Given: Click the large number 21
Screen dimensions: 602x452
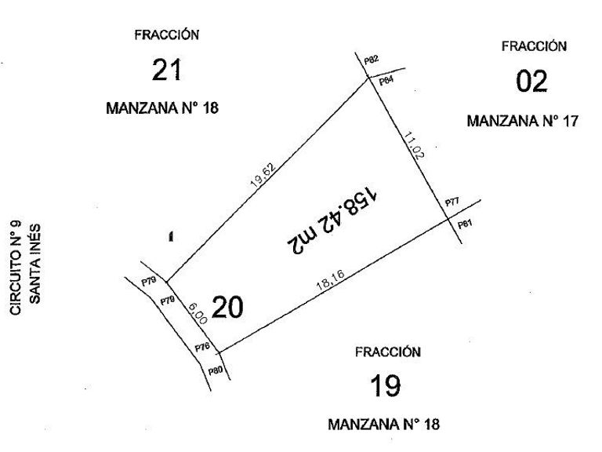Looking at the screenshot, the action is [x=166, y=71].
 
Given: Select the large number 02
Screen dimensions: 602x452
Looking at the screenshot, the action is [x=532, y=81].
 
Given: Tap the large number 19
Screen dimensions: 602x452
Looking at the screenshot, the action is [x=386, y=386].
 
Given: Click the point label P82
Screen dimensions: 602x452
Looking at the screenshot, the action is [x=372, y=60].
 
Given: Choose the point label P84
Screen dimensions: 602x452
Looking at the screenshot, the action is [x=386, y=81].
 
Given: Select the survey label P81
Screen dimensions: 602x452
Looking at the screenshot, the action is [x=466, y=225].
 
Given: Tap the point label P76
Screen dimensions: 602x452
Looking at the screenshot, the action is [x=201, y=347].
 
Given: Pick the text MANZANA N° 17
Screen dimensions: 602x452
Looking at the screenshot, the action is [x=522, y=122].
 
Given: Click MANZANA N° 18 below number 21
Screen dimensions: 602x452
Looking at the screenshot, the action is [x=162, y=108].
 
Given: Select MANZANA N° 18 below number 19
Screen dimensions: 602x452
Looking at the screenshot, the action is [x=384, y=425].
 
